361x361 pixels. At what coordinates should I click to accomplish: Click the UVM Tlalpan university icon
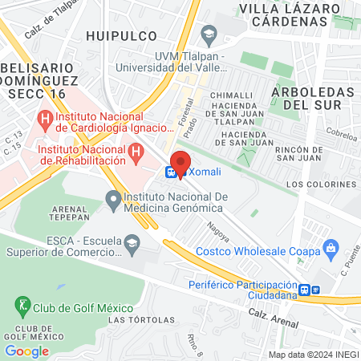click(x=209, y=33)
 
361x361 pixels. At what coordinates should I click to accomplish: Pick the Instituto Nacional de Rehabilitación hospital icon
click(x=136, y=150)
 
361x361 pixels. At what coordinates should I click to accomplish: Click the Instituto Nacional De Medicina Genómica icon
click(x=113, y=197)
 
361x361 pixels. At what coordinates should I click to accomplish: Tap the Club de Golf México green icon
click(x=22, y=305)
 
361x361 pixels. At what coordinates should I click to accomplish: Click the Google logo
click(x=26, y=351)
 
